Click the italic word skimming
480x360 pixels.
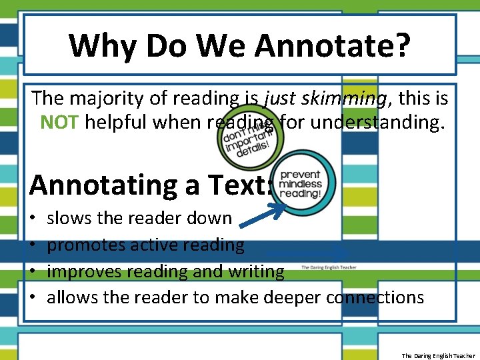[340, 99]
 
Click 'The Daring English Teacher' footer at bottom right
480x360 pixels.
[438, 355]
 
